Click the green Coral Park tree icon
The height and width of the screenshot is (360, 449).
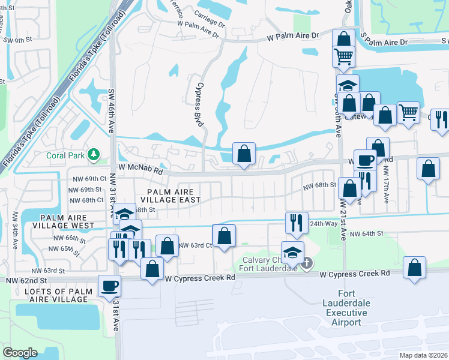pyautogui.click(x=94, y=155)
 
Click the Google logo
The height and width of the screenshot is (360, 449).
pyautogui.click(x=20, y=352)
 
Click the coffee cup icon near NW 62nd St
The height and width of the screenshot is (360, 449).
pyautogui.click(x=109, y=286)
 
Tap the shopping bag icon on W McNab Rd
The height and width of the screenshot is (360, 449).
pyautogui.click(x=244, y=154)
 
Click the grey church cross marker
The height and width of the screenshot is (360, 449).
pyautogui.click(x=307, y=263)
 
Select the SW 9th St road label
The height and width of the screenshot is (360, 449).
pyautogui.click(x=16, y=40)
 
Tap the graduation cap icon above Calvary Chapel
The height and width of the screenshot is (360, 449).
pyautogui.click(x=292, y=251)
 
